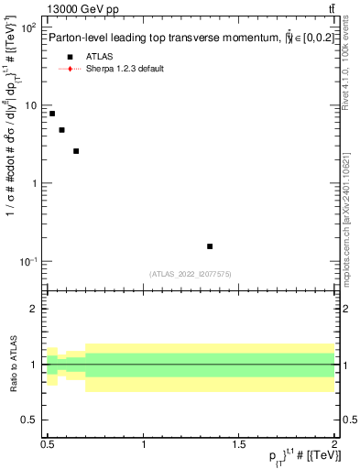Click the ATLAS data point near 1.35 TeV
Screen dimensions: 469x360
(x=210, y=246)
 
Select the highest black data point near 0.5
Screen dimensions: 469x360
(x=52, y=114)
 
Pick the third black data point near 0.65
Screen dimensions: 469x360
(x=76, y=151)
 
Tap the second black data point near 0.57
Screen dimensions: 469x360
(x=61, y=130)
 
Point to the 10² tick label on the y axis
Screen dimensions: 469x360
(x=27, y=27)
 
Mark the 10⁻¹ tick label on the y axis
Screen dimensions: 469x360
(x=27, y=262)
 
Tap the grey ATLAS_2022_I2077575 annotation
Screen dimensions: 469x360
(x=191, y=274)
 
